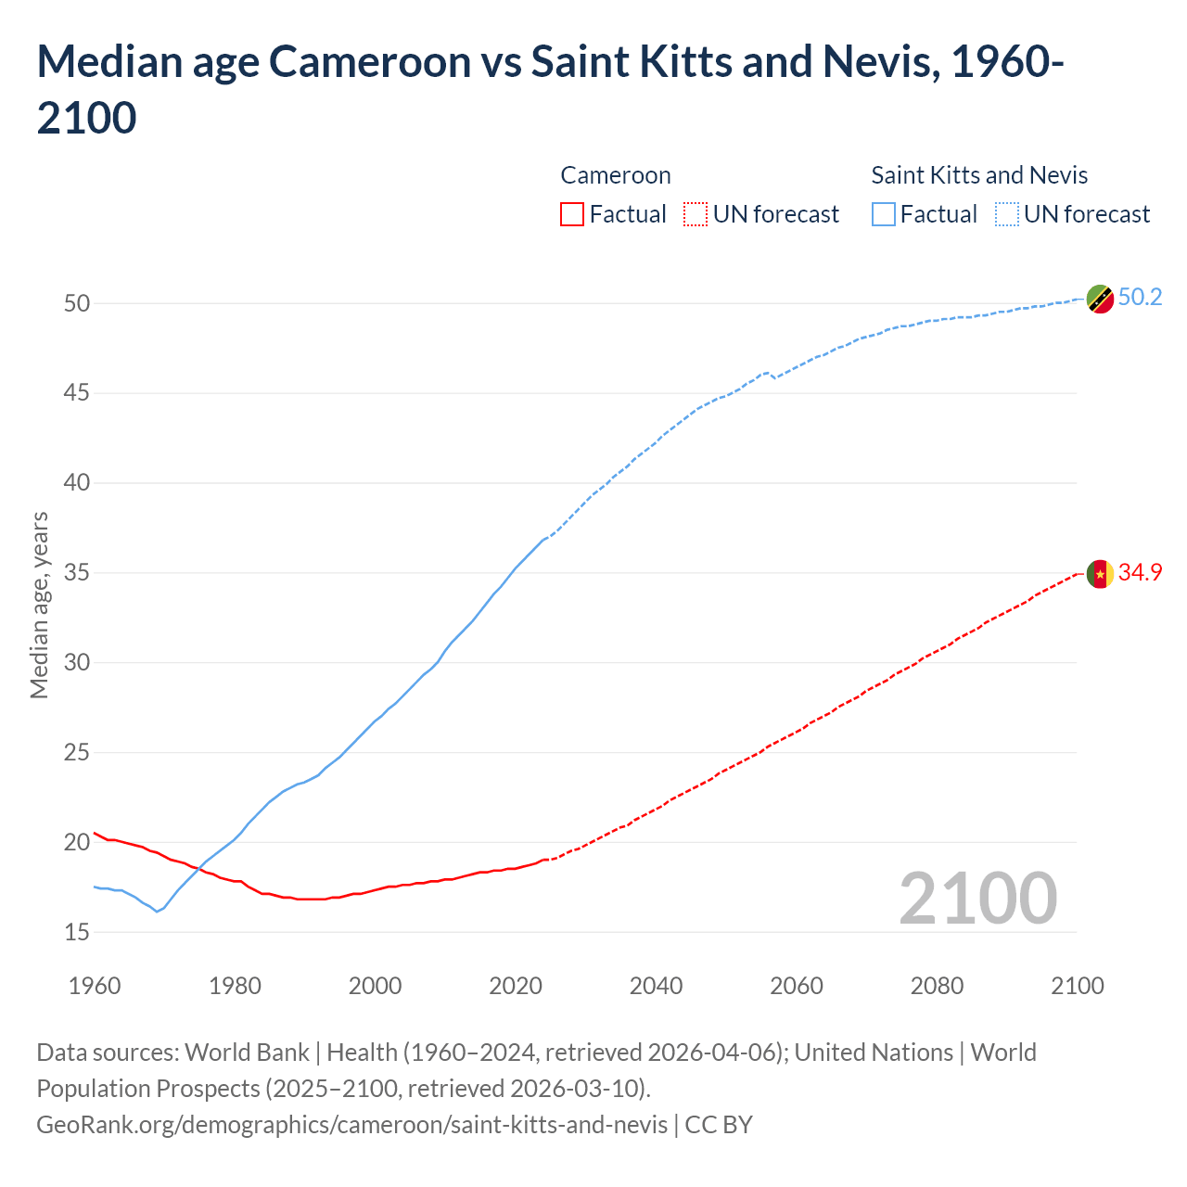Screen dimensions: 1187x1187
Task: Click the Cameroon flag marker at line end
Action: pos(1100,574)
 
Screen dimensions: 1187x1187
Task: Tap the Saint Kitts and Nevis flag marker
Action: pos(1100,299)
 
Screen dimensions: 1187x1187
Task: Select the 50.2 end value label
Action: pos(1140,297)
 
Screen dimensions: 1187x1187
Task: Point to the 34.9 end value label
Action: pos(1140,572)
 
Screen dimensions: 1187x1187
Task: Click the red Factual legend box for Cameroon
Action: pos(572,214)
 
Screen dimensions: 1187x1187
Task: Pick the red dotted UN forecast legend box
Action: pos(695,214)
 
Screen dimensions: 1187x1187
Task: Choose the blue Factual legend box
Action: pos(884,214)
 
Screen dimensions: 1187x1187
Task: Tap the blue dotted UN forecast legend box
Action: pos(1006,214)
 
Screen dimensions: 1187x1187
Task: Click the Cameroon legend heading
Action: pos(615,175)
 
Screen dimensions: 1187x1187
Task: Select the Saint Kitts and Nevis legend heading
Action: pos(979,175)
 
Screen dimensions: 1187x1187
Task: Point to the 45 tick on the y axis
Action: pos(77,393)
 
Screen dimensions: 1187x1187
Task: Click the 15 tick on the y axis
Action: pos(77,932)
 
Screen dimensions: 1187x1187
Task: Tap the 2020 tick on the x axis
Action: pos(516,985)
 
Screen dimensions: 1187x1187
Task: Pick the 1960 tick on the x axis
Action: pos(95,985)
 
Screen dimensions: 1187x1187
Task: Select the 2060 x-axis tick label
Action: pos(797,985)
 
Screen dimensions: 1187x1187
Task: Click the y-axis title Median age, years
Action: pos(39,605)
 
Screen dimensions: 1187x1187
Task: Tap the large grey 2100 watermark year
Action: pos(977,899)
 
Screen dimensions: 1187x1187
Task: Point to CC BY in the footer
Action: pos(719,1125)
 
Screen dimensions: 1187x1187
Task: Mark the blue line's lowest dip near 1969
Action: pos(157,912)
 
